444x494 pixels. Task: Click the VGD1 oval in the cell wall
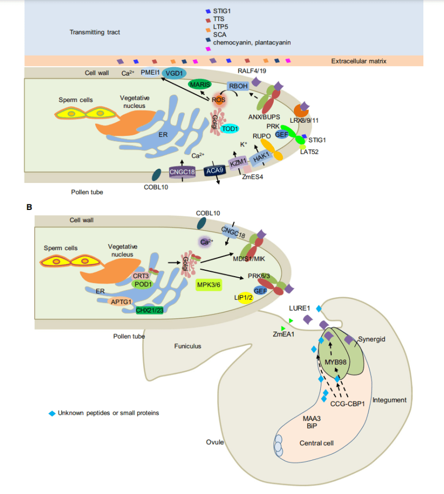point(174,74)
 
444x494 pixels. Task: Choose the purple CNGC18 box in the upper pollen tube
point(182,171)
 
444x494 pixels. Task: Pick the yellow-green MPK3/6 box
point(208,285)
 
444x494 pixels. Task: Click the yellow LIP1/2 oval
point(247,299)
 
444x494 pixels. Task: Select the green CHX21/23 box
point(150,310)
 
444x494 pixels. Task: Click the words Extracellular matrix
point(359,61)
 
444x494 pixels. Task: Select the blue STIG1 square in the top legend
point(208,10)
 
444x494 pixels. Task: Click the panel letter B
point(29,207)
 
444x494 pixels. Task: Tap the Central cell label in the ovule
point(316,442)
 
